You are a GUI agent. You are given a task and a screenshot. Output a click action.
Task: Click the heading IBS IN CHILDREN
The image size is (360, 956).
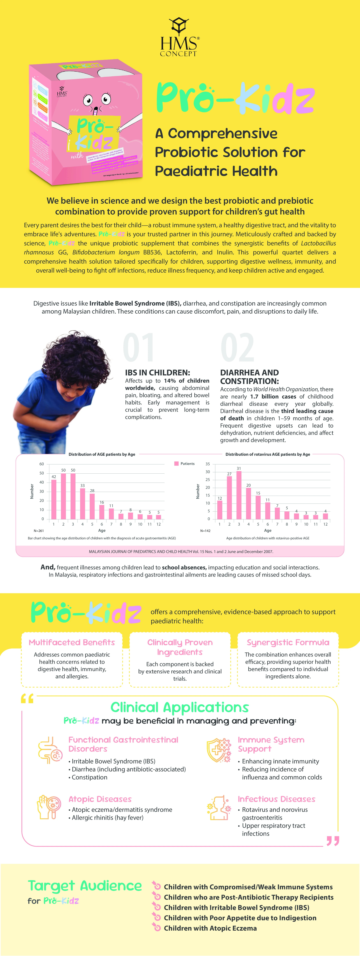pyautogui.click(x=157, y=373)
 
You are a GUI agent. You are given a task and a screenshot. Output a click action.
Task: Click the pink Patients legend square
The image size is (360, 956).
pyautogui.click(x=176, y=464)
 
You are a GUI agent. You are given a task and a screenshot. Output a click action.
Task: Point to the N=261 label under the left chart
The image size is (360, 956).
pyautogui.click(x=39, y=531)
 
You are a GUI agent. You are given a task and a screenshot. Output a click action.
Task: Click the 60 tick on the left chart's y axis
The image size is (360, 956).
pyautogui.click(x=42, y=464)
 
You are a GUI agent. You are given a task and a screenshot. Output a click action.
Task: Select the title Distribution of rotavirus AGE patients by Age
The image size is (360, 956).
pyautogui.click(x=268, y=454)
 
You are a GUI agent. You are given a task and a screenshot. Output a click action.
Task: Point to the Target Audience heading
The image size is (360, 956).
pyautogui.click(x=85, y=886)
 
